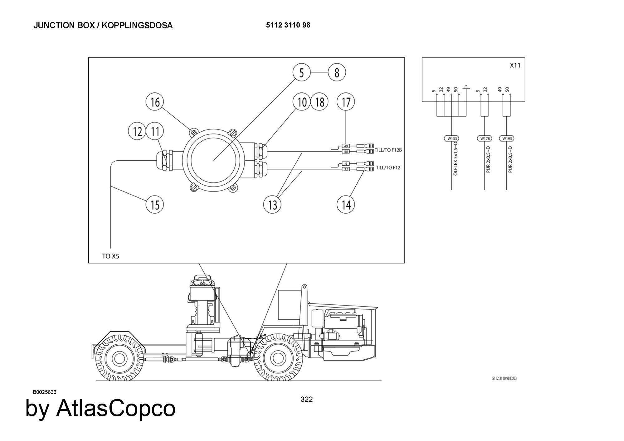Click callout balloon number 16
[x=155, y=102]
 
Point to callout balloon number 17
[x=346, y=102]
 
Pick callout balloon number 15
[x=155, y=205]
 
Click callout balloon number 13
[x=272, y=205]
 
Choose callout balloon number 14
[x=346, y=205]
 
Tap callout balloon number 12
[x=137, y=131]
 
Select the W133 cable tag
[x=451, y=138]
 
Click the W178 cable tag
[x=484, y=138]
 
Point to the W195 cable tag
[x=506, y=138]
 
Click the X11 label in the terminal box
[x=515, y=65]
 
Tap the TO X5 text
[x=110, y=256]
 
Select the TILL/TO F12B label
[x=388, y=150]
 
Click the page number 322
[x=306, y=399]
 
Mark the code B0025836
[x=45, y=392]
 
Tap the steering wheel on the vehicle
[x=202, y=282]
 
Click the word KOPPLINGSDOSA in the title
[x=137, y=25]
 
